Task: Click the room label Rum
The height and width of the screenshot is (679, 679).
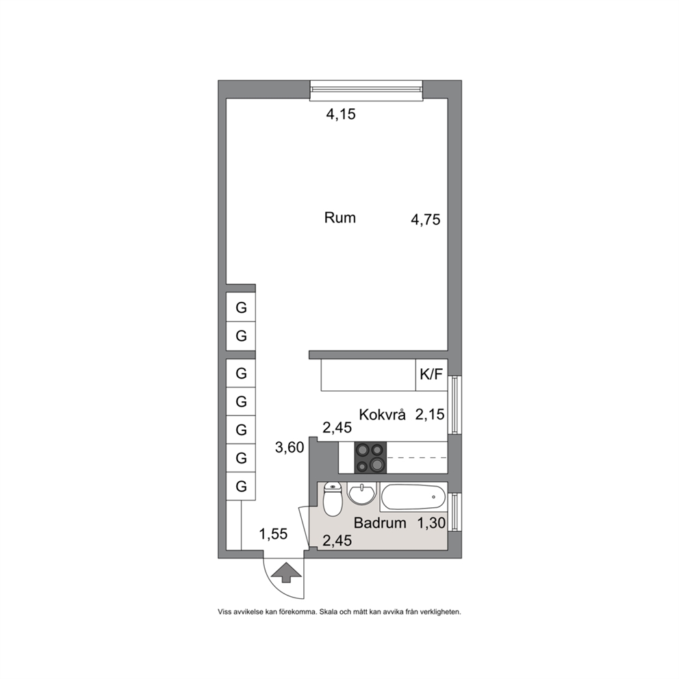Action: [340, 218]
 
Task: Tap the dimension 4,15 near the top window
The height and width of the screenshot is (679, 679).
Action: [341, 114]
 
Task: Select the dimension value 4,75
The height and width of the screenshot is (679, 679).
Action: [426, 220]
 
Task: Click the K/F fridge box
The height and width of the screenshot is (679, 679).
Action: [431, 374]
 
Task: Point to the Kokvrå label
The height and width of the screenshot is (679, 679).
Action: [383, 414]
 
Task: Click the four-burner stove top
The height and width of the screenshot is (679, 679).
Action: [371, 457]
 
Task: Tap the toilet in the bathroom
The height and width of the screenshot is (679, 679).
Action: [333, 499]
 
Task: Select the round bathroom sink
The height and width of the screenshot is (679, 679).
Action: [361, 494]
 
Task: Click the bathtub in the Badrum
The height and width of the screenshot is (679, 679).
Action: [413, 497]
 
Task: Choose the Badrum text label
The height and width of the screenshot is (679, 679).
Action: [380, 523]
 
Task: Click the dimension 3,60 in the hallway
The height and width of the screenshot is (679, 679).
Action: [290, 448]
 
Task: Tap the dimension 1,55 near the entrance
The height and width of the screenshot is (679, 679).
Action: [273, 534]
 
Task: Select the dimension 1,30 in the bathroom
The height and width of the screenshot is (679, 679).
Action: [431, 523]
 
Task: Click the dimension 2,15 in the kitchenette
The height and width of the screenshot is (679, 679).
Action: [430, 414]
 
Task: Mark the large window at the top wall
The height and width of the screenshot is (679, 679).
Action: [366, 90]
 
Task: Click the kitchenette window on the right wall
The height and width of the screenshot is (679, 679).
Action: [454, 405]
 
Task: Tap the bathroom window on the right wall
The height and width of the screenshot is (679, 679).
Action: [454, 512]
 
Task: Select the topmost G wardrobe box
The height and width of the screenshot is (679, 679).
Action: [241, 307]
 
